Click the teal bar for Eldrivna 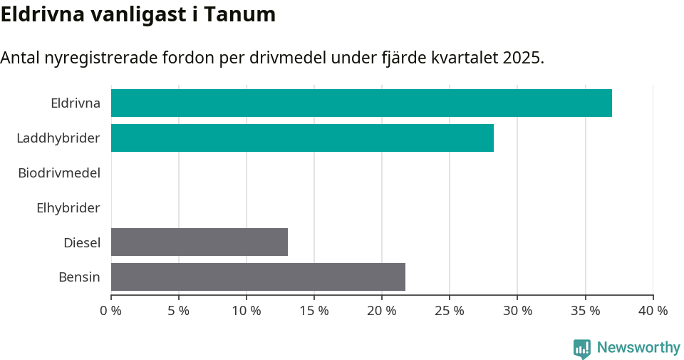pyautogui.click(x=361, y=103)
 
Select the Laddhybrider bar pyautogui.click(x=302, y=138)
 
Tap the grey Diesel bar pyautogui.click(x=199, y=242)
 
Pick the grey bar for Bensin pyautogui.click(x=258, y=277)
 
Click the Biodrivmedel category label pyautogui.click(x=59, y=173)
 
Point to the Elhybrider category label pyautogui.click(x=68, y=208)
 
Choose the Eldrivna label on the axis pyautogui.click(x=76, y=103)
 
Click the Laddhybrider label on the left pyautogui.click(x=58, y=138)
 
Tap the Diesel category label pyautogui.click(x=82, y=242)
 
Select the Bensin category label pyautogui.click(x=79, y=277)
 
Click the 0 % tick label pyautogui.click(x=111, y=311)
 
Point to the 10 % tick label pyautogui.click(x=247, y=311)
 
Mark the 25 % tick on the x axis pyautogui.click(x=450, y=311)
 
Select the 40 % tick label pyautogui.click(x=653, y=311)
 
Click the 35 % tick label pyautogui.click(x=585, y=311)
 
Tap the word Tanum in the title pyautogui.click(x=239, y=14)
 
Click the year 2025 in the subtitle pyautogui.click(x=521, y=58)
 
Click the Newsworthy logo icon pyautogui.click(x=582, y=349)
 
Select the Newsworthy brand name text pyautogui.click(x=638, y=348)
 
